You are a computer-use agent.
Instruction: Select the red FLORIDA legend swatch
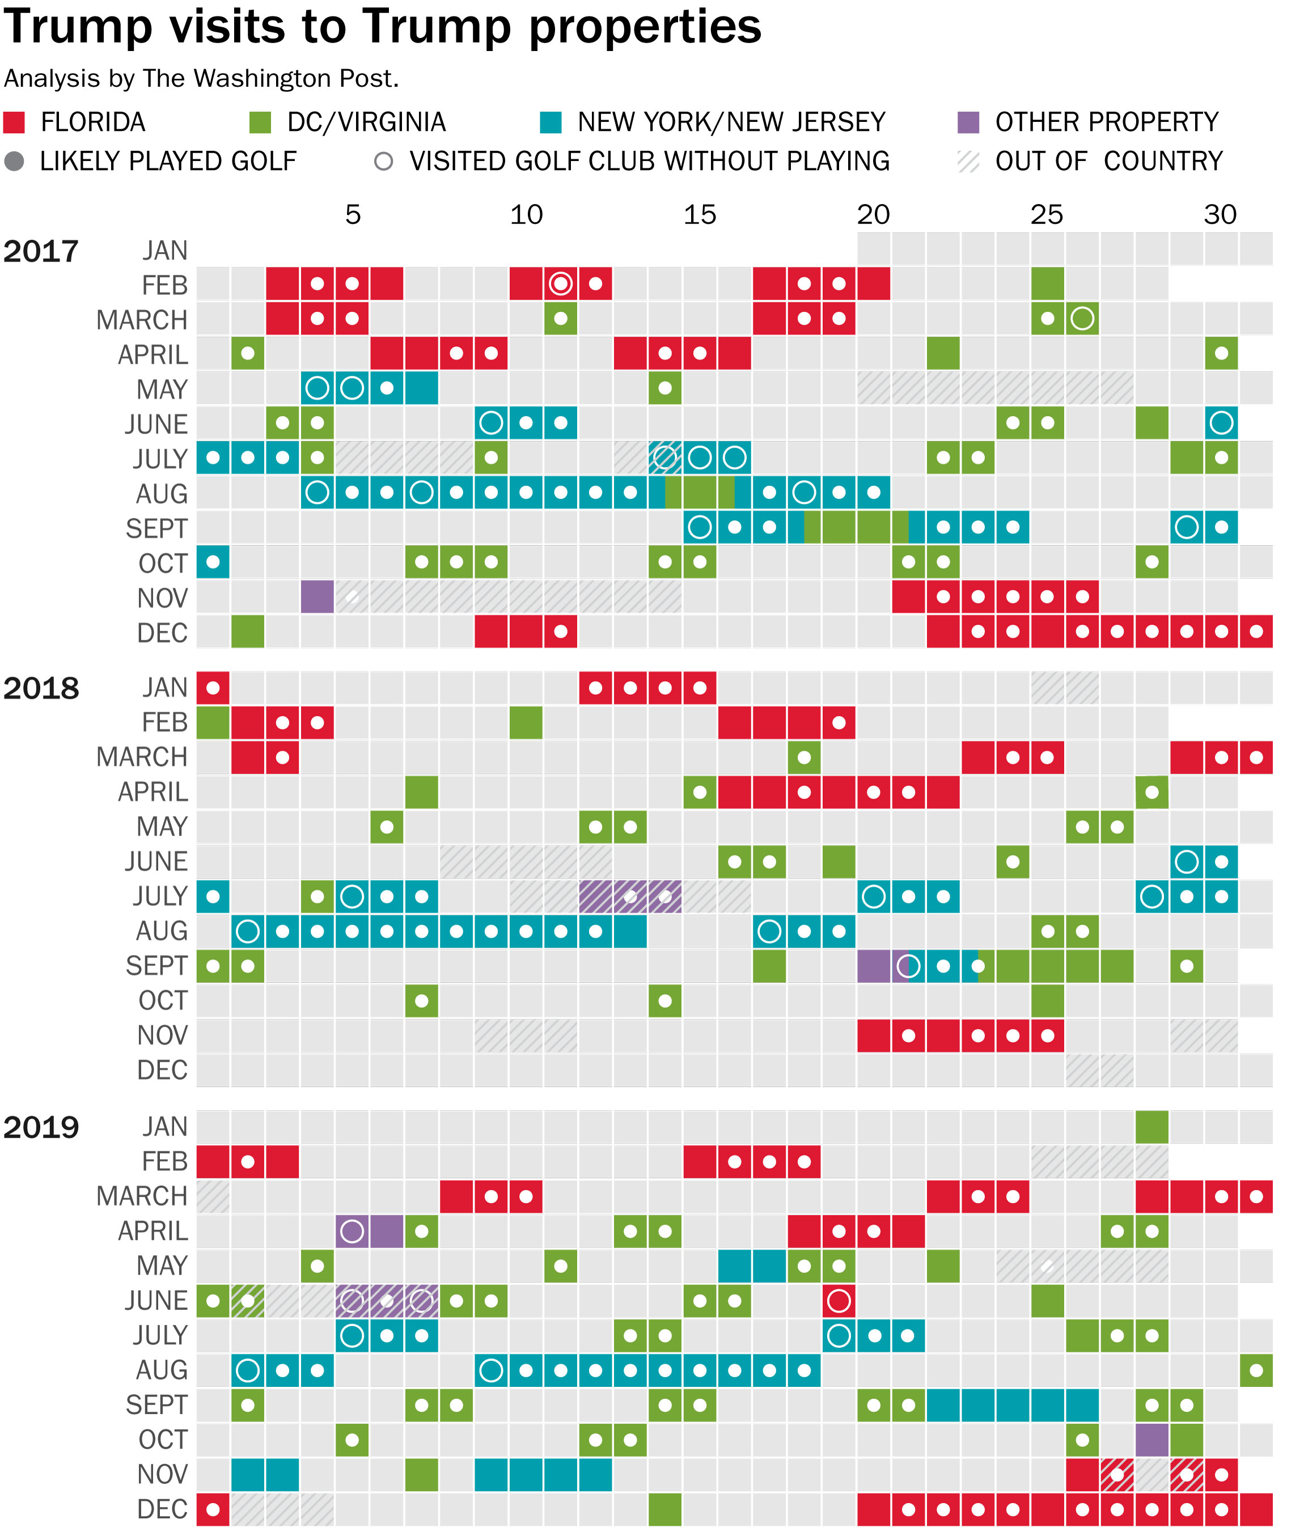pos(14,122)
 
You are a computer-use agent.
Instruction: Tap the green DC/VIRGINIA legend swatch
pos(260,122)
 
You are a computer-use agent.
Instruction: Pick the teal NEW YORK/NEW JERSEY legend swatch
pos(551,122)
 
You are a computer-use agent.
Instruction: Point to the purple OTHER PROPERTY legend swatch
pos(968,122)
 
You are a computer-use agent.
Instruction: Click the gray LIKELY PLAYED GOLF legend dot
pos(14,161)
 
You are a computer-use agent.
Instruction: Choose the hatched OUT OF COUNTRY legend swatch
pos(968,161)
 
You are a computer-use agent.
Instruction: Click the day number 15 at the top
pos(699,215)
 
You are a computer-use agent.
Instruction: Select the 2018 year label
pos(41,689)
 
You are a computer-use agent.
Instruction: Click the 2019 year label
pos(41,1128)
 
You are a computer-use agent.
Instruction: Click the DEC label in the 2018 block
pos(162,1070)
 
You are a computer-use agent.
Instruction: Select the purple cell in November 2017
pos(317,596)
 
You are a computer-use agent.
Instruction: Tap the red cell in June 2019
pos(839,1301)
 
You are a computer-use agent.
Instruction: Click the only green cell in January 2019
pos(1151,1127)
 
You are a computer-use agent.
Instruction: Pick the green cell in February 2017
pos(1048,284)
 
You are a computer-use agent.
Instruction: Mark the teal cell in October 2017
pos(213,562)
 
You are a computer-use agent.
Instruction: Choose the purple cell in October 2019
pos(1151,1440)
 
